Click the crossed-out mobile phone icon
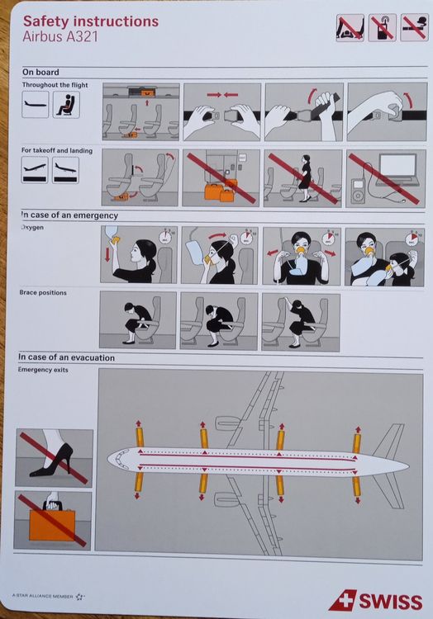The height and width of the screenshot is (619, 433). point(381,29)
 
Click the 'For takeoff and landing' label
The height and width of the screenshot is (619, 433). point(57,151)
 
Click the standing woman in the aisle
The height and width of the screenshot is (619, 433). point(304,177)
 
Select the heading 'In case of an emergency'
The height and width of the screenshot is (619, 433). point(69,215)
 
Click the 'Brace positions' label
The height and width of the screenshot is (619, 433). point(43,292)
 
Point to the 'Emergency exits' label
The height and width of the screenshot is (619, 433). point(44,369)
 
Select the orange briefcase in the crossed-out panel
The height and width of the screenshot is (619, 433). point(51,522)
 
